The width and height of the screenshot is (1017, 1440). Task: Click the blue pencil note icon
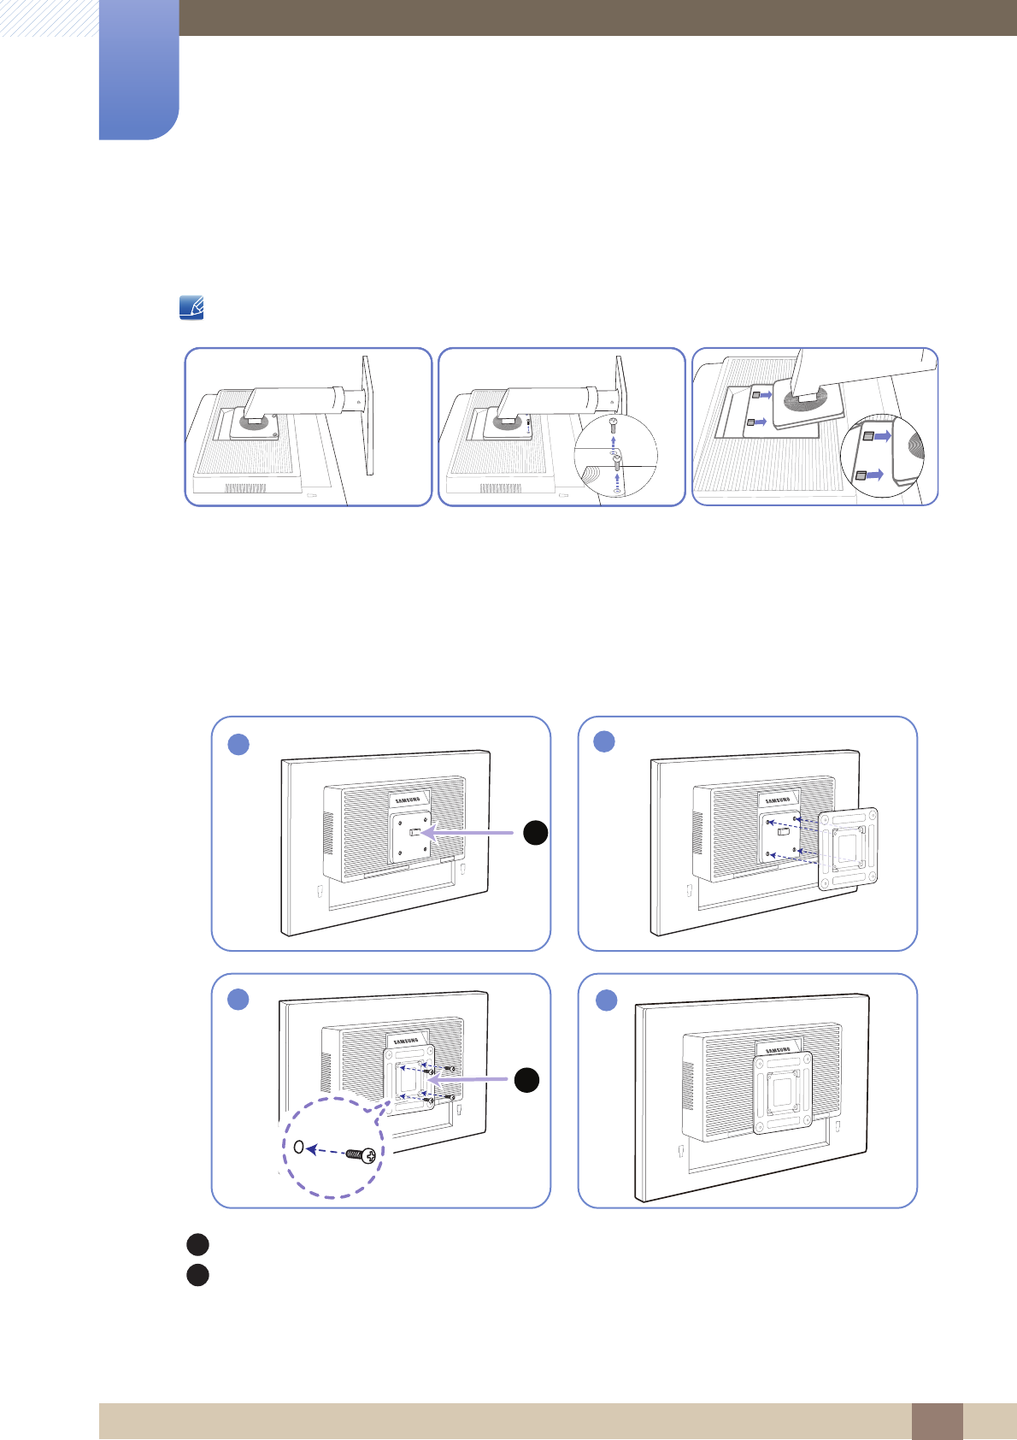(191, 308)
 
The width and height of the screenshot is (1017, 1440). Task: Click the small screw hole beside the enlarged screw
(298, 1147)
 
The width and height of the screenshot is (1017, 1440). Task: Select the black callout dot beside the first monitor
(535, 832)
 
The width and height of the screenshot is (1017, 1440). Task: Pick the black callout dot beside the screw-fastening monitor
(526, 1080)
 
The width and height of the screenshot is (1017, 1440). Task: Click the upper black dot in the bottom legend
(197, 1244)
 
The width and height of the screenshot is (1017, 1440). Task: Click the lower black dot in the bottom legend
(197, 1275)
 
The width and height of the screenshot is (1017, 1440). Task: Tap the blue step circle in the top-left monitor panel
(238, 744)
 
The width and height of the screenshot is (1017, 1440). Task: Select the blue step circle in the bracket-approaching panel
(604, 741)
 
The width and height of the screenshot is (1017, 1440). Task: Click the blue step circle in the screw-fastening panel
(238, 999)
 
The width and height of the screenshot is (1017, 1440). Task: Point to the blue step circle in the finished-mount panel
(606, 1000)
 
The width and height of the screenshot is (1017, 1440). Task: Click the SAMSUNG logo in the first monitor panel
(409, 800)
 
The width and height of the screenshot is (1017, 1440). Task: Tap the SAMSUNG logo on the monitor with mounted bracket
(777, 1050)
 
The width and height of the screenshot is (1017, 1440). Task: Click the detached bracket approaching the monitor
(848, 849)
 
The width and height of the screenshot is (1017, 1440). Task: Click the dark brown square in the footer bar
(937, 1421)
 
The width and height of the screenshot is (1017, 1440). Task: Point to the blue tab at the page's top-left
(139, 68)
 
